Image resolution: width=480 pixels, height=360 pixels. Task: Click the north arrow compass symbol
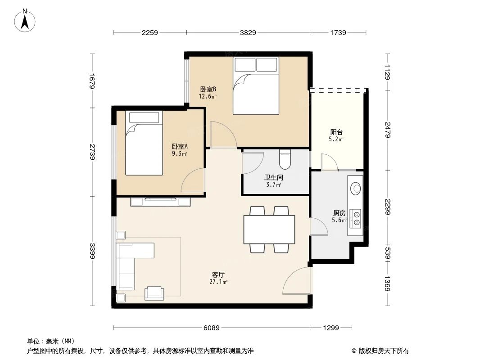coord(26,20)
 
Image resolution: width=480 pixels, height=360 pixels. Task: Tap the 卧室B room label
coord(208,89)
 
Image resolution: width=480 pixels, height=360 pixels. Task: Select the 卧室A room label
coord(180,146)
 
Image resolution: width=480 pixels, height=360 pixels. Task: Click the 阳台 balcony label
coord(337,132)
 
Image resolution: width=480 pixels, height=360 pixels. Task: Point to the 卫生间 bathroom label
coord(273,178)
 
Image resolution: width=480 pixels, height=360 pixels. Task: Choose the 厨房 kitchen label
coord(339,213)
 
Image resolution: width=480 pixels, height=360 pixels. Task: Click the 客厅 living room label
coord(218,274)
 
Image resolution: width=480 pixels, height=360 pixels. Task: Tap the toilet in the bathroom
coord(285,158)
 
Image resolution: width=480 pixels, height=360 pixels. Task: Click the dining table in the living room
coord(269,229)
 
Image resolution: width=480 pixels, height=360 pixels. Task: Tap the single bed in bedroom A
coord(144,143)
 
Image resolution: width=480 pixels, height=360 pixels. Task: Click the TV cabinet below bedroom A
coord(160,202)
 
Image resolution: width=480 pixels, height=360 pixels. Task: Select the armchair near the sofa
coord(154,293)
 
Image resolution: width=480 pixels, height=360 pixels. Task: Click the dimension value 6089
coord(212,328)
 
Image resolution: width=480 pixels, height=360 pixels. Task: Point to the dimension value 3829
coord(248,32)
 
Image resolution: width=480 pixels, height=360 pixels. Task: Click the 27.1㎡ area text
coord(218,282)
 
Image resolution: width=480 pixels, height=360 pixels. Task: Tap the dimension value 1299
coord(331,328)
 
